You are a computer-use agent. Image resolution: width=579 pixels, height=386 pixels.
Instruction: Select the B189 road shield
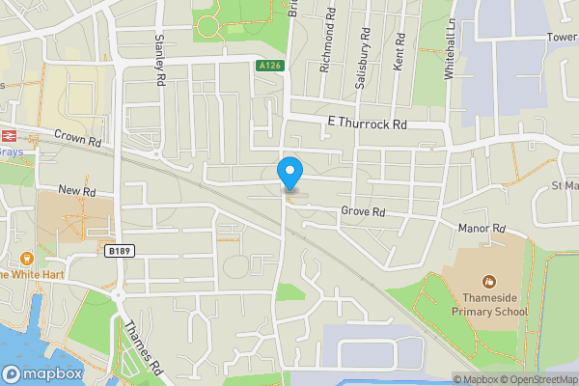(118, 251)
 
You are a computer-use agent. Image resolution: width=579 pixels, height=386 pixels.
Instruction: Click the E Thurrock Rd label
(368, 124)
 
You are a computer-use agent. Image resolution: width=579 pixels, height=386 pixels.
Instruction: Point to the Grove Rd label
(363, 212)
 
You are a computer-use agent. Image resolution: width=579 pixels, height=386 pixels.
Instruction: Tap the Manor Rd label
(482, 229)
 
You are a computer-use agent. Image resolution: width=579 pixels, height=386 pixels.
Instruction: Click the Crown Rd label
(78, 140)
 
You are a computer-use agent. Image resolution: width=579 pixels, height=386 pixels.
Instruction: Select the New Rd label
(78, 191)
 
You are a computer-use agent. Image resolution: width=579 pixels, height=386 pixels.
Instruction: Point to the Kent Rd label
(400, 54)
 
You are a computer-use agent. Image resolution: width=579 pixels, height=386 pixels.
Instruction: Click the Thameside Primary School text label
(490, 305)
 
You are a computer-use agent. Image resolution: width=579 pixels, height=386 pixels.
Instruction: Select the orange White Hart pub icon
(26, 258)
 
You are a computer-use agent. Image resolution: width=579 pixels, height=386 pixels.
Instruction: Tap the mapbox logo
(42, 373)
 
